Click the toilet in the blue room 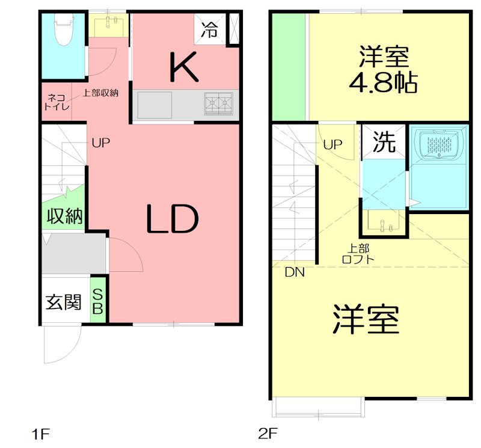click(63, 30)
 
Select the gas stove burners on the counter click(218, 104)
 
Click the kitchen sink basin click(155, 105)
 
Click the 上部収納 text click(100, 93)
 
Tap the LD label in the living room click(172, 220)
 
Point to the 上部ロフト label click(358, 254)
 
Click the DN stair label click(295, 272)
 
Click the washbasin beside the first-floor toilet click(109, 25)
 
